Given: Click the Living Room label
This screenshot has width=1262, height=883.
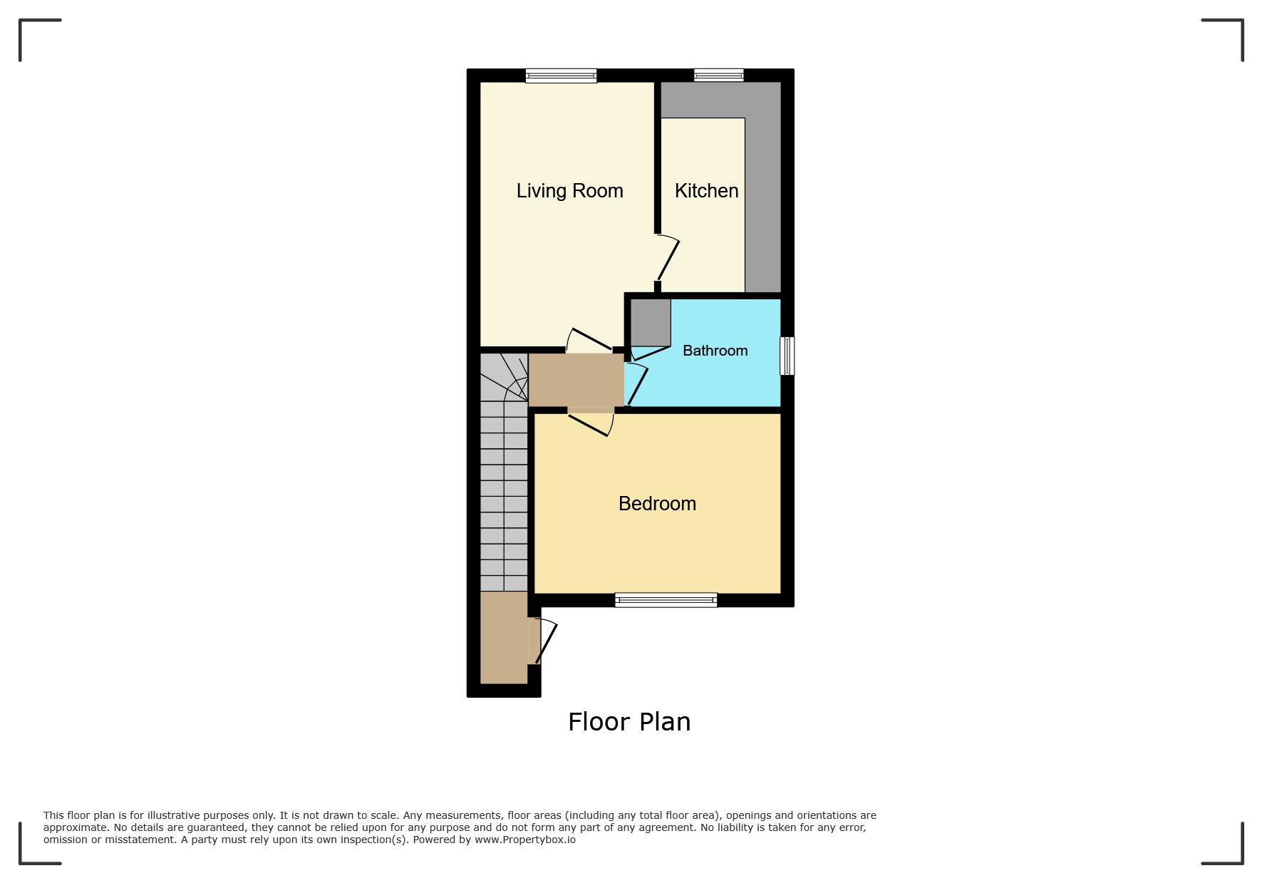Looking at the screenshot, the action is [x=569, y=191].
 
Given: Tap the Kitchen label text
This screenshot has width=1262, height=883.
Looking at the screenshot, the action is [x=706, y=191].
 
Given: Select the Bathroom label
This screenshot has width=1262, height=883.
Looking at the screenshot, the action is [x=715, y=351].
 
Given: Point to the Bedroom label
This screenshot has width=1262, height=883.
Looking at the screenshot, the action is [x=657, y=504].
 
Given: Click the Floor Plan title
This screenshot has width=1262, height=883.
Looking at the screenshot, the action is [x=629, y=722].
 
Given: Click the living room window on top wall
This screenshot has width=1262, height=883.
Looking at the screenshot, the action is [x=561, y=76].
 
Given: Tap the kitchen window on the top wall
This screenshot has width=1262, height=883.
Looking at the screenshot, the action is [x=719, y=75].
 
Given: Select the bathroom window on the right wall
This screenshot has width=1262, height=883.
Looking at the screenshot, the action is [x=787, y=356].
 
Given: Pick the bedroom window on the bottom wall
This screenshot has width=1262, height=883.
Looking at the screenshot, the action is [x=666, y=600].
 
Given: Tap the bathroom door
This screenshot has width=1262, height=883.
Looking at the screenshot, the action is [x=636, y=386].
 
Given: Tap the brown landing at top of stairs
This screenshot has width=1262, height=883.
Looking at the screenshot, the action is [x=576, y=380].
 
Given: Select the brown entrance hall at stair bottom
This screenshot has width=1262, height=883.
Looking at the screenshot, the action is [x=504, y=637].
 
